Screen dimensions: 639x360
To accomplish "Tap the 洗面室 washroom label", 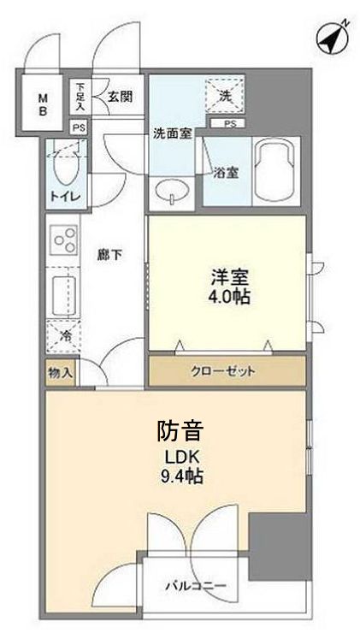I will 172,134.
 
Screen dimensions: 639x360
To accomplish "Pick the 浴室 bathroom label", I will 227,172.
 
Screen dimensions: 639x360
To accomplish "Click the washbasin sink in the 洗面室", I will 172,192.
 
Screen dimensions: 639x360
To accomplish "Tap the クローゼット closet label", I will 227,370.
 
